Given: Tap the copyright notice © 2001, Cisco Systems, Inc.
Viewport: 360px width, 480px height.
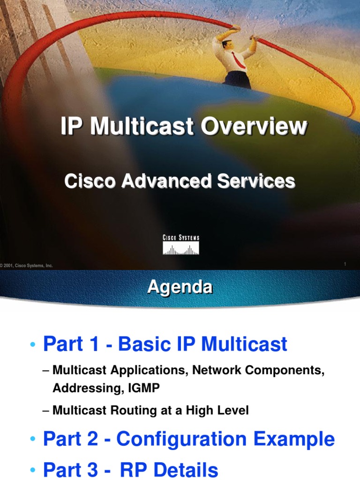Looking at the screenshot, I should tap(27, 266).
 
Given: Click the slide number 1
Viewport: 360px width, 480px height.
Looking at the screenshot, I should tap(345, 264).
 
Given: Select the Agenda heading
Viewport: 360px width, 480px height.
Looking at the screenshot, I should tap(180, 287).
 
